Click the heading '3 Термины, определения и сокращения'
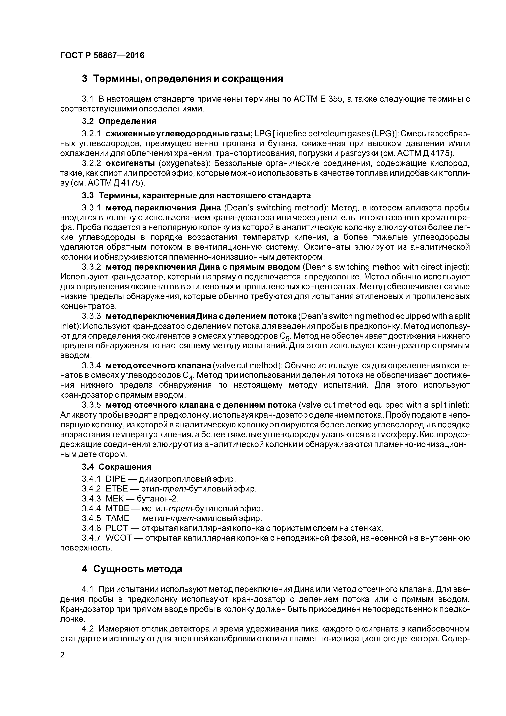coord(182,79)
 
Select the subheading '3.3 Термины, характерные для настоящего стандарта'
coord(196,196)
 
